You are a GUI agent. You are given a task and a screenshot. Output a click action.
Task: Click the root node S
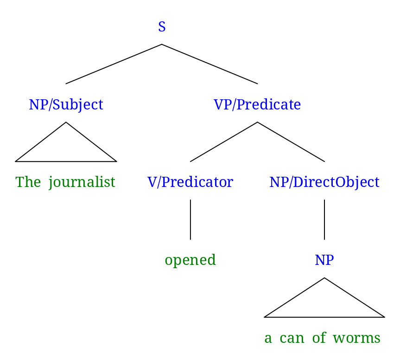click(162, 27)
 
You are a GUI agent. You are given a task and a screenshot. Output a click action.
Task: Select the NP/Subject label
click(66, 104)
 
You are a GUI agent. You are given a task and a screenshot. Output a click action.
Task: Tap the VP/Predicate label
click(257, 104)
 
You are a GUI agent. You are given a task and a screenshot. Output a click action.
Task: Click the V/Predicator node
click(190, 182)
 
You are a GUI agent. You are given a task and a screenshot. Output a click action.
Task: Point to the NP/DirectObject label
click(324, 182)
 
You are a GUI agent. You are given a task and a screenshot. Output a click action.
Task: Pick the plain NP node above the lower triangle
click(324, 260)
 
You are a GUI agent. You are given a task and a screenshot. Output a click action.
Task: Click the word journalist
click(82, 182)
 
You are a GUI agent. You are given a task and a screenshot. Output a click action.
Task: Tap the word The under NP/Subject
click(28, 182)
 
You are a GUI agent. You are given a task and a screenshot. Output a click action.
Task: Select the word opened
click(190, 260)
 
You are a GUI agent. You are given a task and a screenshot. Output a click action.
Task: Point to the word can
click(292, 338)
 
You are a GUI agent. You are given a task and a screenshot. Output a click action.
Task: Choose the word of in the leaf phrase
click(319, 338)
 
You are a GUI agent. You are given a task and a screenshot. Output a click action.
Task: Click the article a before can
click(268, 338)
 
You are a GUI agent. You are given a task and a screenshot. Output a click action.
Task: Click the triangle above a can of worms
click(324, 303)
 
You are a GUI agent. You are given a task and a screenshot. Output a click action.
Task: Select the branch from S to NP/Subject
click(114, 64)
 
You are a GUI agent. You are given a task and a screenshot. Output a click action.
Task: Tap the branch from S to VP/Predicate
click(210, 64)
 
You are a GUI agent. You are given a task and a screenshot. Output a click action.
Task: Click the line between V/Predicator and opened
click(190, 219)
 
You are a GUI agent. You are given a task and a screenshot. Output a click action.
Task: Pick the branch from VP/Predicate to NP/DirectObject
click(291, 142)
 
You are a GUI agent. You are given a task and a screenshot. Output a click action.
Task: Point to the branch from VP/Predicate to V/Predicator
click(223, 142)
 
